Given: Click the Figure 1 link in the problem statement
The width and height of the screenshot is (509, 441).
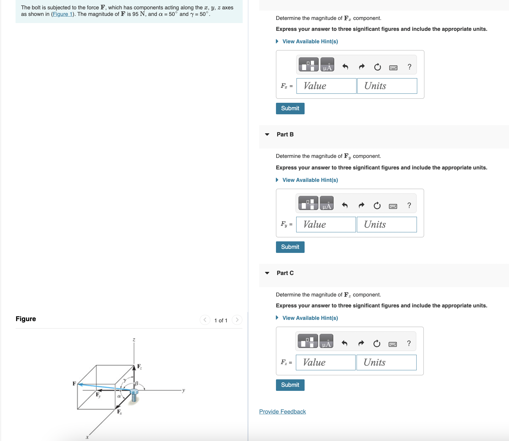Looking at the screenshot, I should (62, 14).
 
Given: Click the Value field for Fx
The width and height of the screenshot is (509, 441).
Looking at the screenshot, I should (326, 86).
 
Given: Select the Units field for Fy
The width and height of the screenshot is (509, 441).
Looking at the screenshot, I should (386, 225).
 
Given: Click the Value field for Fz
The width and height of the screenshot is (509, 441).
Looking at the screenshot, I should (325, 363).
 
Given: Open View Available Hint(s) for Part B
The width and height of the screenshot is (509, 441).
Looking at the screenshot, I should (310, 180).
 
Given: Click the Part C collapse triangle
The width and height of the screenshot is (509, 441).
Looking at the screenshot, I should (267, 273).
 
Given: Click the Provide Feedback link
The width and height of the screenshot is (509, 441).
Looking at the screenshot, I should (282, 412).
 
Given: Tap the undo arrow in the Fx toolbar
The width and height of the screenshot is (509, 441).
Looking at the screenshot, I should (345, 67).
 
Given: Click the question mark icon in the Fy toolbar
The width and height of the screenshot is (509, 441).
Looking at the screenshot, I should (409, 205).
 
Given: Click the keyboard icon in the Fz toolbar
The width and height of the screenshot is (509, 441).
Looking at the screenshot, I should (393, 344).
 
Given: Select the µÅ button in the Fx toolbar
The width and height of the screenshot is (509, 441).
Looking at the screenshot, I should (327, 64).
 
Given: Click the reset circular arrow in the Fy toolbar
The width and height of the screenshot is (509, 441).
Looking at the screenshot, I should (377, 206).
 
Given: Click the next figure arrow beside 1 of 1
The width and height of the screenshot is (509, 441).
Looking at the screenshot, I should (237, 320).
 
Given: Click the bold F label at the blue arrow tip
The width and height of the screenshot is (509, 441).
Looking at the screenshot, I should (74, 383).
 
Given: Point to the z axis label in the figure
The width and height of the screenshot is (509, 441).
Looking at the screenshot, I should (134, 340).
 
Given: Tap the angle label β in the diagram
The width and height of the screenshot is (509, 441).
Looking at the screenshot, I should (136, 383).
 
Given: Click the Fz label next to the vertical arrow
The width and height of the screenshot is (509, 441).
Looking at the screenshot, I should (139, 367).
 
